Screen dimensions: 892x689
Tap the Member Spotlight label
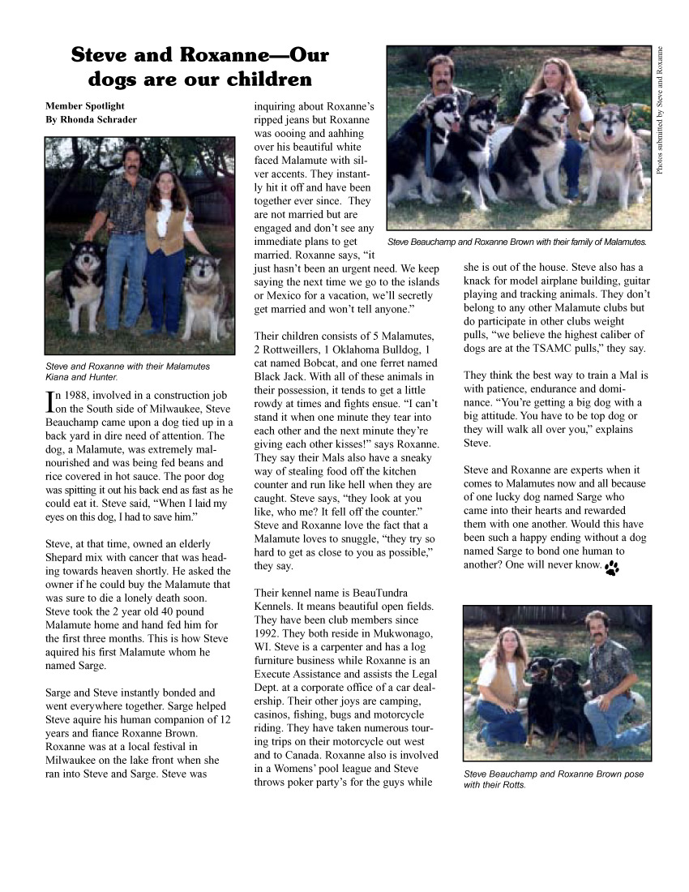pos(85,105)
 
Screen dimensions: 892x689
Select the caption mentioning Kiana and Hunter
pos(127,371)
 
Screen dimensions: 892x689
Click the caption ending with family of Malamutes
pos(516,242)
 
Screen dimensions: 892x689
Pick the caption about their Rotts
pos(554,779)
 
